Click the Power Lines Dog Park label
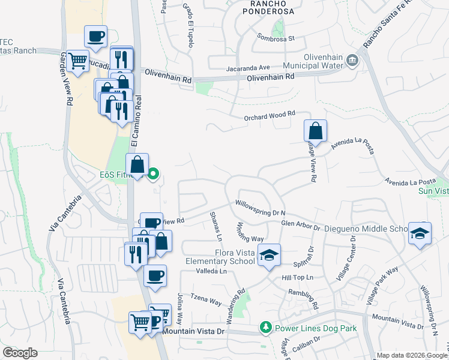(x=316, y=328)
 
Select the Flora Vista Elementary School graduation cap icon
(x=270, y=254)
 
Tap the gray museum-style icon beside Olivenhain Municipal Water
(x=352, y=59)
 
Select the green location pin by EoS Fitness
(x=153, y=175)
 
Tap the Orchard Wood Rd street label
(x=270, y=113)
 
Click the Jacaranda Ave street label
(x=249, y=68)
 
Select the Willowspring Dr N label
(x=261, y=208)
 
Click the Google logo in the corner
(x=20, y=353)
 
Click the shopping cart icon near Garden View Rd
(x=77, y=60)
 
